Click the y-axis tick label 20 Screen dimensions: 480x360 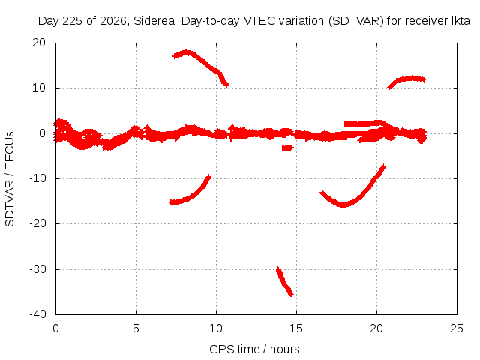pos(39,43)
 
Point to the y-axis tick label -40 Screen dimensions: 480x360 pos(37,314)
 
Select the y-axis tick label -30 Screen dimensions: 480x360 pos(37,269)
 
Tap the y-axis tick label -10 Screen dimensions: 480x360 pos(37,178)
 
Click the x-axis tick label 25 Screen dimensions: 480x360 pos(457,328)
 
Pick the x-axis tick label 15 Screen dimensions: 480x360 pos(296,328)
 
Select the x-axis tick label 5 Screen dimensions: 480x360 pos(136,328)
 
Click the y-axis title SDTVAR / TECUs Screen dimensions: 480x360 pos(10,179)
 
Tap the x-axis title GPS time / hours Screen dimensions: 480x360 pos(254,349)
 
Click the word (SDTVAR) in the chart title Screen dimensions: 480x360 pos(356,21)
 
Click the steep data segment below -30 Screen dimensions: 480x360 pos(284,282)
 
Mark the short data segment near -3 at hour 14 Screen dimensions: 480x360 pos(286,148)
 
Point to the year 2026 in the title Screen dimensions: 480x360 pos(113,21)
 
